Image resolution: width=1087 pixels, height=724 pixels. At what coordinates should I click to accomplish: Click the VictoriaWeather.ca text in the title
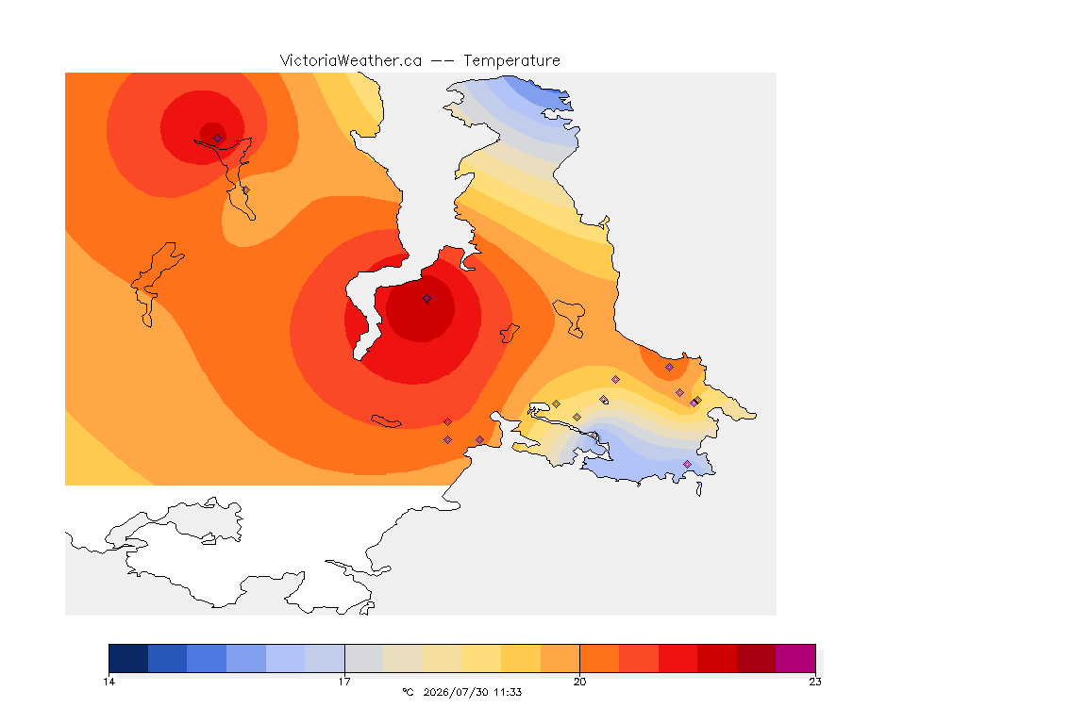[x=351, y=61]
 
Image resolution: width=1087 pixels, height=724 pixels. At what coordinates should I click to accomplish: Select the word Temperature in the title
[x=511, y=61]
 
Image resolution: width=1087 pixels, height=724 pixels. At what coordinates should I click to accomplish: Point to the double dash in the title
[x=443, y=61]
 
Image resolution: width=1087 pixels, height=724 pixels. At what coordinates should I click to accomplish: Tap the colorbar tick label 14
[x=109, y=682]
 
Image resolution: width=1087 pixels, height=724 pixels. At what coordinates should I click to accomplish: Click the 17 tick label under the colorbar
[x=344, y=682]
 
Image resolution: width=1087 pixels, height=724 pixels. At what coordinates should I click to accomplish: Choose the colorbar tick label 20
[x=579, y=682]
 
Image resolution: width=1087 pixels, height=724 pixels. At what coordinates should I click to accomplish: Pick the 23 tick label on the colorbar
[x=815, y=682]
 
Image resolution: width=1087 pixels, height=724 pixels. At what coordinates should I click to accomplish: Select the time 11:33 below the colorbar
[x=508, y=692]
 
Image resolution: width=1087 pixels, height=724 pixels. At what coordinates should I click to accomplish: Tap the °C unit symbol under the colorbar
[x=408, y=692]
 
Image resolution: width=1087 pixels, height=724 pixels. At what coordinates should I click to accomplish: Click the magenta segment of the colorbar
[x=795, y=658]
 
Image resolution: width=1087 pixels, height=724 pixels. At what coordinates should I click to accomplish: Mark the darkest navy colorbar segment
[x=128, y=658]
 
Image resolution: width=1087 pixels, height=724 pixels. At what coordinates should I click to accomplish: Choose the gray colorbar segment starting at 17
[x=364, y=658]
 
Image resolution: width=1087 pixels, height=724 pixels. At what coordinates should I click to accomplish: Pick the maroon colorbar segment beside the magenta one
[x=757, y=658]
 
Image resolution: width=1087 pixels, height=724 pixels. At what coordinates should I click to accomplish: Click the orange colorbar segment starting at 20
[x=599, y=658]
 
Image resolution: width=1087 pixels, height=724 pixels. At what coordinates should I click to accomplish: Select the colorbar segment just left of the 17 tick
[x=325, y=658]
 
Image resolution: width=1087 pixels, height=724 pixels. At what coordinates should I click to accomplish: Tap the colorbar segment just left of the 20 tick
[x=560, y=658]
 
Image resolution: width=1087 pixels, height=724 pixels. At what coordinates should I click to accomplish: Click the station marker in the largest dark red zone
[x=427, y=299]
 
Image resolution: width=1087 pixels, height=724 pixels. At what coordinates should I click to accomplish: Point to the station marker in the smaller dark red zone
[x=218, y=138]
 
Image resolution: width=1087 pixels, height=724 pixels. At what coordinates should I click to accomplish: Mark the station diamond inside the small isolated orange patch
[x=669, y=368]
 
